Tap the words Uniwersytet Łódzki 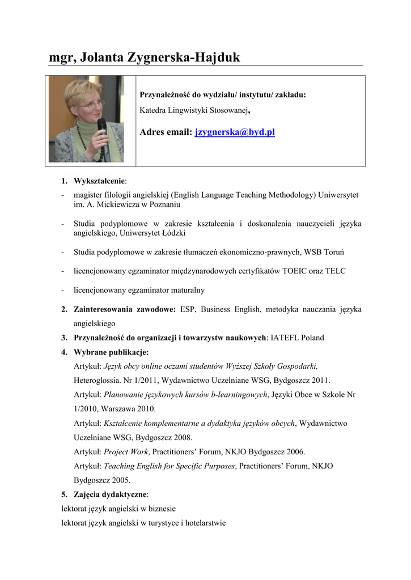point(159,233)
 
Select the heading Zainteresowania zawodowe point(125,309)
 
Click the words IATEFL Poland point(298,338)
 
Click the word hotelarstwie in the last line point(206,523)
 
